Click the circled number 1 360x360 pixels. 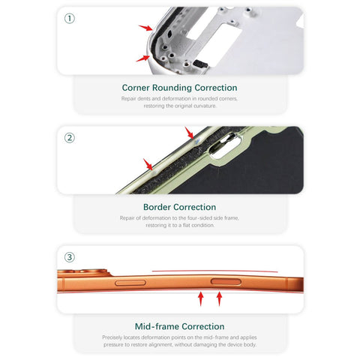point(70,19)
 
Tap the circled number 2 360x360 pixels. point(70,138)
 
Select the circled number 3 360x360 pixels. point(70,257)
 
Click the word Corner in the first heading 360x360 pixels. point(136,88)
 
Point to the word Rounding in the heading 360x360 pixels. point(172,88)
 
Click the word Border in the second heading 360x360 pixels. point(157,207)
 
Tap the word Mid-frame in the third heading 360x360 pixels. point(156,326)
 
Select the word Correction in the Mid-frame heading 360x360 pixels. point(202,326)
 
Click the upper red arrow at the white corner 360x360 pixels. point(145,28)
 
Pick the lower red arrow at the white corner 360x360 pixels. point(142,58)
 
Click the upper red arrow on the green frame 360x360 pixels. point(189,133)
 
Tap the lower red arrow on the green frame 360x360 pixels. point(148,164)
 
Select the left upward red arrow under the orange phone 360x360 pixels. point(201,298)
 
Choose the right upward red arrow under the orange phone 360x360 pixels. point(219,298)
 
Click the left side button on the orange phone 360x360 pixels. point(130,283)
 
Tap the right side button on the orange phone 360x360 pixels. point(226,282)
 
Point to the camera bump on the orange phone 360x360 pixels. point(85,272)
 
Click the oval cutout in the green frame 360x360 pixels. point(224,146)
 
